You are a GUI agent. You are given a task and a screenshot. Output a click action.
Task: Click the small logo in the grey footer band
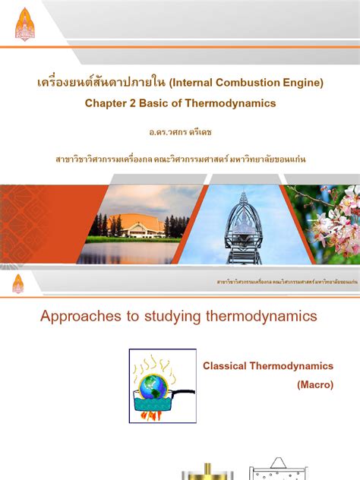click(x=17, y=283)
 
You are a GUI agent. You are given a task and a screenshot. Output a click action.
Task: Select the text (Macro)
click(x=314, y=385)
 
